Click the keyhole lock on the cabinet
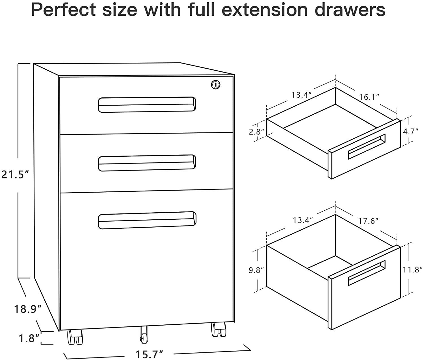click(216, 84)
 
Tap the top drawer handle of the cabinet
click(147, 104)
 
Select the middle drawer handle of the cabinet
click(147, 163)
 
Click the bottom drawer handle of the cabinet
click(147, 220)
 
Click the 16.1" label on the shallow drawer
click(369, 97)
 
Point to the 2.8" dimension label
click(256, 132)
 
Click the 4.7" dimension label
click(410, 131)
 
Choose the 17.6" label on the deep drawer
click(368, 221)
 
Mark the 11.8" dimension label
click(412, 270)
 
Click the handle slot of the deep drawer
click(367, 272)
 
